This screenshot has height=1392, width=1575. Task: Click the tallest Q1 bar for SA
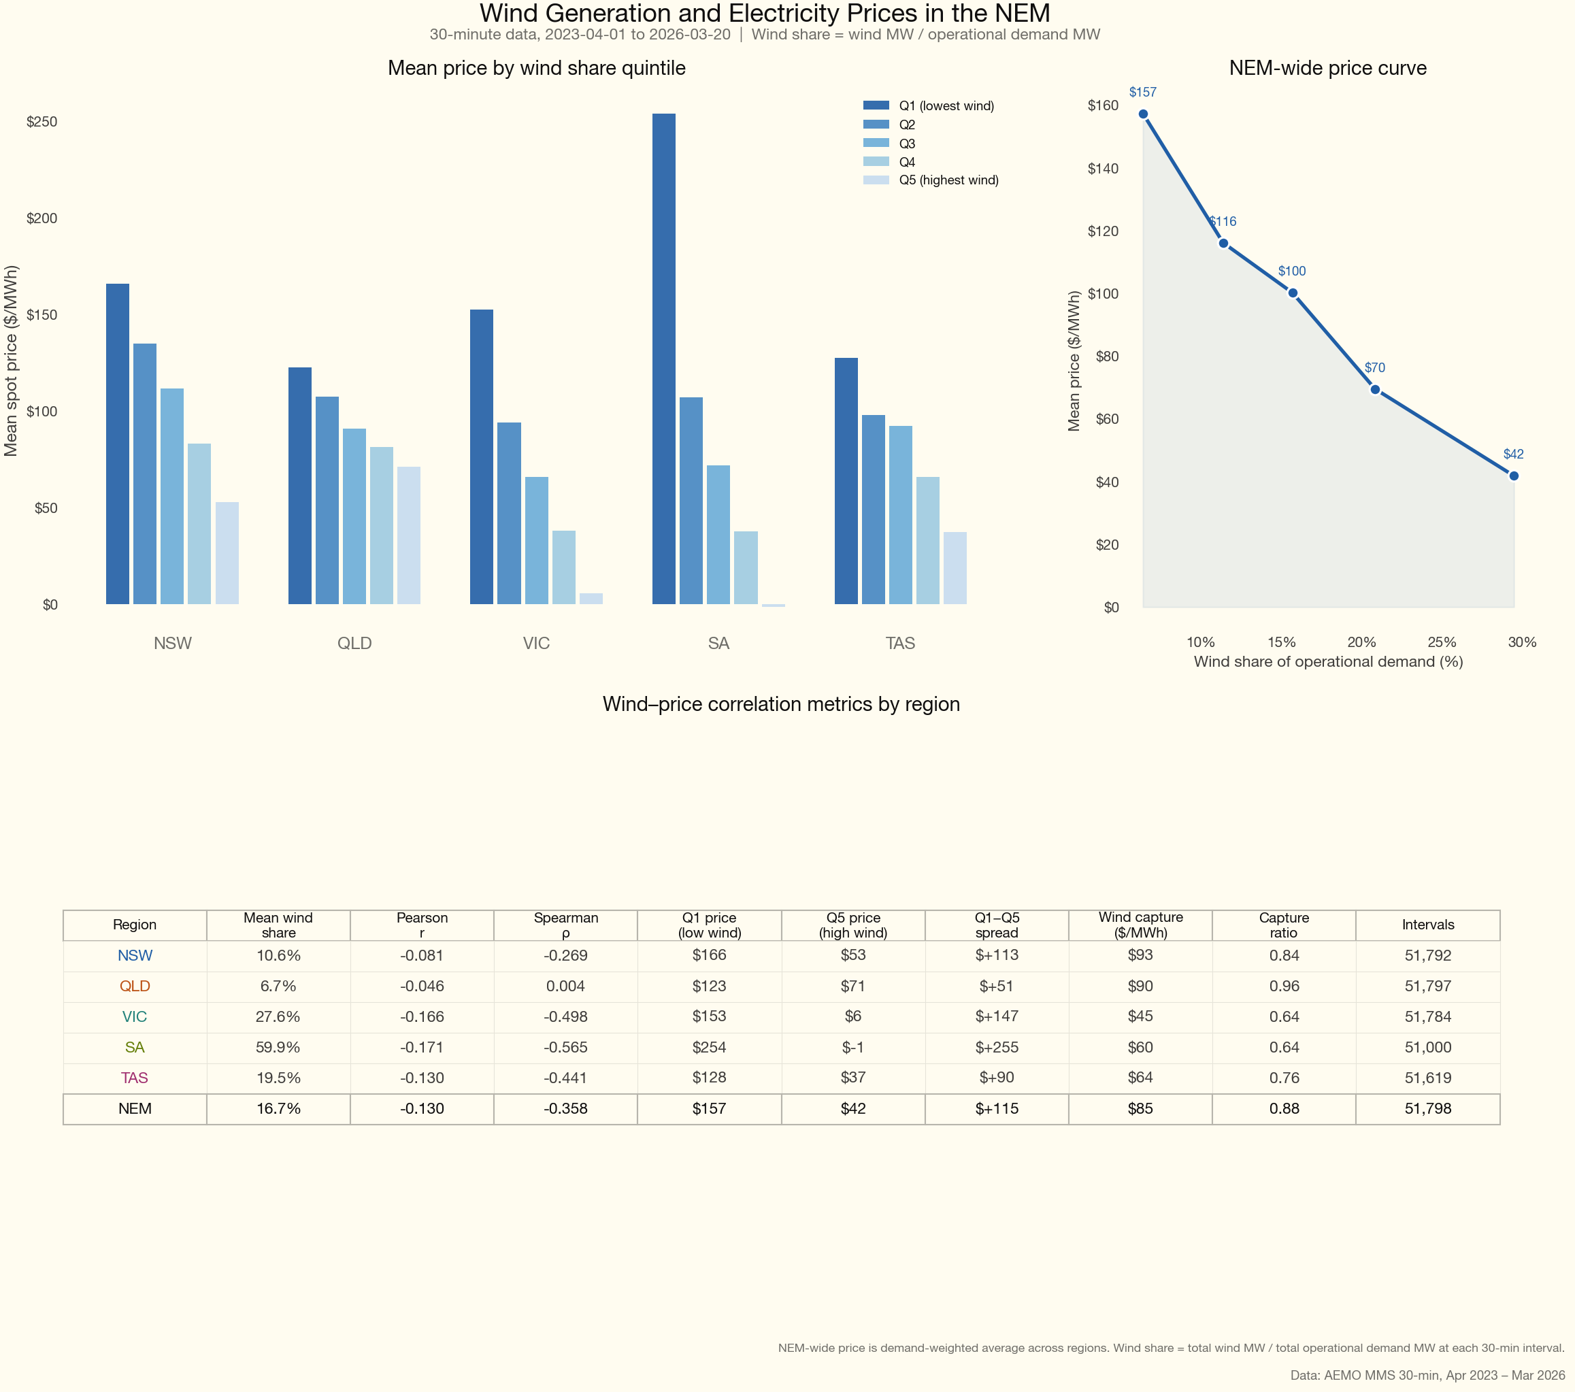(663, 359)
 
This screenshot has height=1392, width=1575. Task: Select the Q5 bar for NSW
(227, 552)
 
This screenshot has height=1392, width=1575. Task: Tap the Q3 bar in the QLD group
(354, 516)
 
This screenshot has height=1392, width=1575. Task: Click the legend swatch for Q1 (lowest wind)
(876, 105)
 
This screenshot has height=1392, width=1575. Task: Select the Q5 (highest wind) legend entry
(948, 180)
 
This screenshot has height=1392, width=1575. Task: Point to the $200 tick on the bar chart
(42, 218)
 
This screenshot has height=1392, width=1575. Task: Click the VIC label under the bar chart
(536, 644)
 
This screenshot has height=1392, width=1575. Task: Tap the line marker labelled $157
(1143, 114)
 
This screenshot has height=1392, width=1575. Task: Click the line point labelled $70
(1375, 389)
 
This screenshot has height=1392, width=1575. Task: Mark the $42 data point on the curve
(1513, 476)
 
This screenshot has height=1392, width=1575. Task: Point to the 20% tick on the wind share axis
(1361, 642)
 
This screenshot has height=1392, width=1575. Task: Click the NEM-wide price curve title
(1327, 68)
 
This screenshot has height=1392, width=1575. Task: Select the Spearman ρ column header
(565, 925)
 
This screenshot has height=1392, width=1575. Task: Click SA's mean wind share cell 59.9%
(278, 1048)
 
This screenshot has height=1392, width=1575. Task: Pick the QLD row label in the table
(135, 986)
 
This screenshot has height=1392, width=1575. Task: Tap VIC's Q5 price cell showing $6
(853, 1016)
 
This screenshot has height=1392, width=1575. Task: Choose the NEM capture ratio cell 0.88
(1284, 1108)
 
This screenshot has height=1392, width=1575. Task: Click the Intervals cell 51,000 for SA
(1427, 1048)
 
